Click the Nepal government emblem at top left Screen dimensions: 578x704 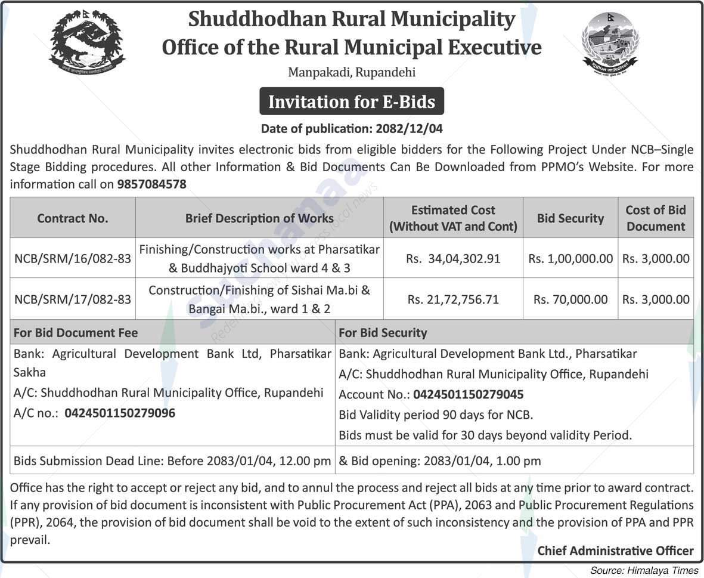87,41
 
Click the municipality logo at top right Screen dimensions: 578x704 610,41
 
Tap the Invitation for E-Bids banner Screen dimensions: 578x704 352,102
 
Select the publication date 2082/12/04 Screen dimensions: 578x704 409,128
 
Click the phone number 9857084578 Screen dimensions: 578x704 151,184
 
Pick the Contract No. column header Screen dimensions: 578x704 73,218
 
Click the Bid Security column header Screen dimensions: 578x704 570,218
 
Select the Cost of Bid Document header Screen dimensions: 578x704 656,218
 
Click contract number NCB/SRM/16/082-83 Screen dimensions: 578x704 73,258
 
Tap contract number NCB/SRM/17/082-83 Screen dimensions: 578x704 73,299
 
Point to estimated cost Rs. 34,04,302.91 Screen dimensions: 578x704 453,258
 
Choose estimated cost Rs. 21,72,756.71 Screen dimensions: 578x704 453,299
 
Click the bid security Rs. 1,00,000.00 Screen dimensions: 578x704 570,258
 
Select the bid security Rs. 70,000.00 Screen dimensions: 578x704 570,299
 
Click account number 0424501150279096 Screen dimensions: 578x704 120,413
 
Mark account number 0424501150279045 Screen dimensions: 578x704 468,394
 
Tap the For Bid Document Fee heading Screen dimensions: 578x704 76,333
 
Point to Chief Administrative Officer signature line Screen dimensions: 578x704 615,551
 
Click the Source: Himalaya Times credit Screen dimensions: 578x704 644,570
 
